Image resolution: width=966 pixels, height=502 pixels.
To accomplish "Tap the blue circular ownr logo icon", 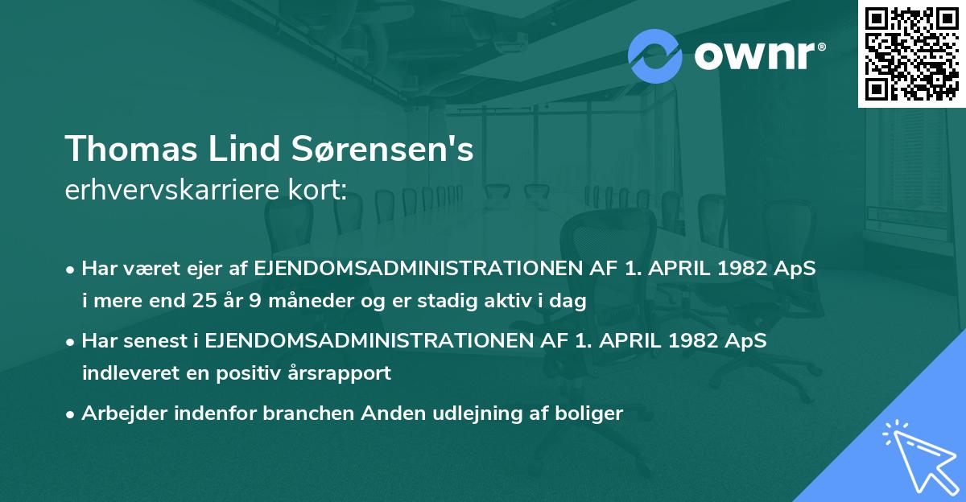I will coord(654,56).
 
